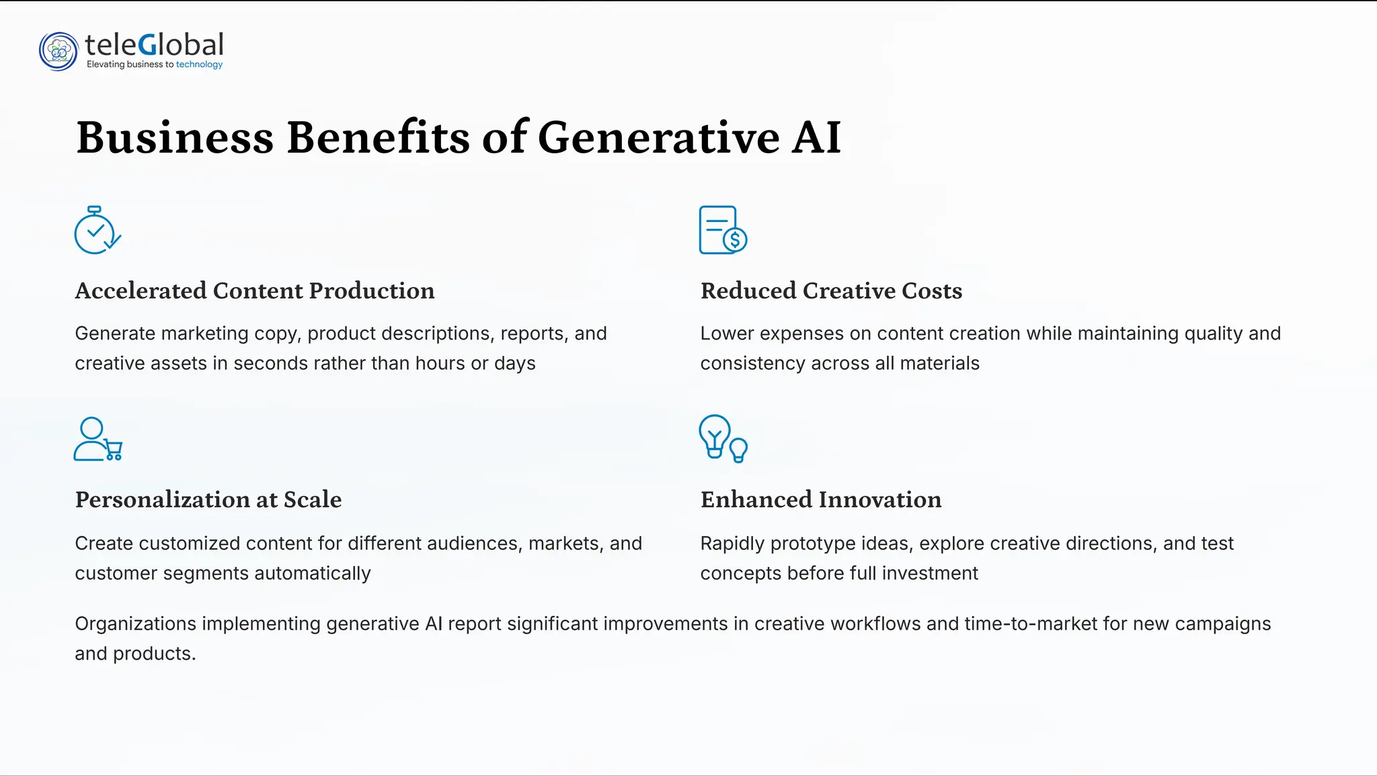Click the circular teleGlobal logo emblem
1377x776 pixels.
coord(58,51)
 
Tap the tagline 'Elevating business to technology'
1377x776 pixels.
coord(155,65)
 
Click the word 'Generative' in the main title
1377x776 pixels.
coord(658,138)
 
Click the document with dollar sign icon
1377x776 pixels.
coord(723,231)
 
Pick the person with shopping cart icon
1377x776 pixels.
coord(97,440)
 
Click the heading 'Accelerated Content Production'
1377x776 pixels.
coord(255,291)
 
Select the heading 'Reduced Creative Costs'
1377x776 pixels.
coord(831,291)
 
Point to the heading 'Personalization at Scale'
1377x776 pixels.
coord(208,500)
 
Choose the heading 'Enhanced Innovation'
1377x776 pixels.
coord(821,500)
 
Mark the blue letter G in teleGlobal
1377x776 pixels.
coord(148,46)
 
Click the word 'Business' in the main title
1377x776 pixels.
coord(175,138)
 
